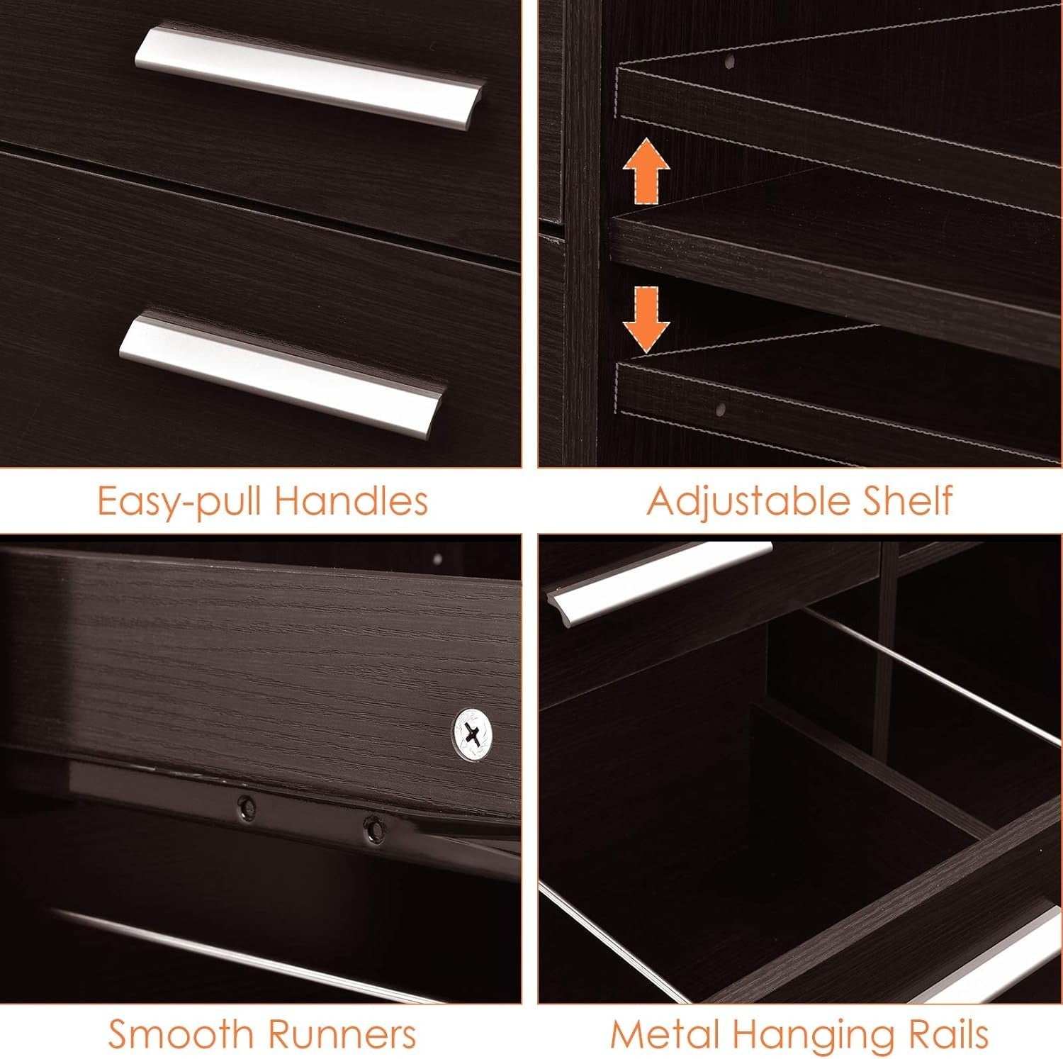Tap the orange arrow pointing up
tap(646, 173)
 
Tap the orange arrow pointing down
tap(646, 319)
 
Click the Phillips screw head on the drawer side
tap(474, 736)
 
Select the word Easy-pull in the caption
tap(180, 502)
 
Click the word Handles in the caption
tap(352, 500)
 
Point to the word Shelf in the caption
tap(907, 500)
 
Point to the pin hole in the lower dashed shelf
tap(720, 410)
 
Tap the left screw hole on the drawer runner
tap(246, 805)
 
